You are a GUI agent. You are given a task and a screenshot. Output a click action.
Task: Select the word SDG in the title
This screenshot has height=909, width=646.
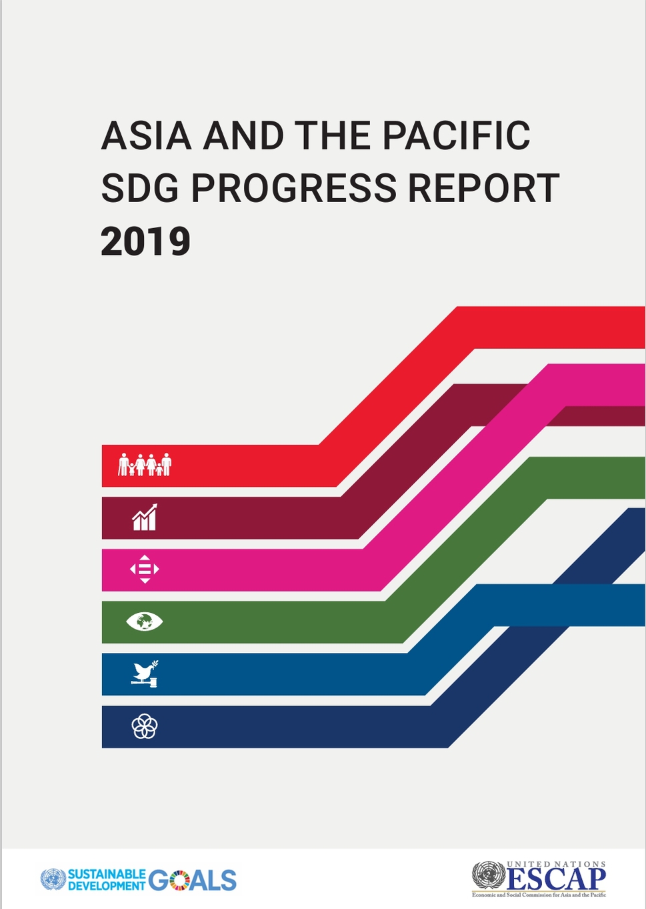(x=140, y=188)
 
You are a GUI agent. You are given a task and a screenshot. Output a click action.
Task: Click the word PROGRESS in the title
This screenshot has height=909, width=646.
(x=293, y=188)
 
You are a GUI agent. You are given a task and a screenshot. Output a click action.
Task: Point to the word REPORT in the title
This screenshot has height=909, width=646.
(x=483, y=188)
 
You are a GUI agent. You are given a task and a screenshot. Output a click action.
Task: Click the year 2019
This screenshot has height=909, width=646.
(x=145, y=241)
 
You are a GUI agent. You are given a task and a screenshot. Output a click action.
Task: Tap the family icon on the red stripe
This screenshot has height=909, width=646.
(x=145, y=464)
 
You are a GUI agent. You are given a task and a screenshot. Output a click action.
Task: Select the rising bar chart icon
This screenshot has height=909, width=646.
(x=145, y=517)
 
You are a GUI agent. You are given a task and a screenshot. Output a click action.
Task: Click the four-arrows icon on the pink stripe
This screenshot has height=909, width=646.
(x=145, y=569)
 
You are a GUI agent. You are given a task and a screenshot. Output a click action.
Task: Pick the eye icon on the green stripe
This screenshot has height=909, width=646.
(x=145, y=622)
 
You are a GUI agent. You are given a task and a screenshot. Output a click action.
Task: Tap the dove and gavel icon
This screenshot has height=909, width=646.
(x=145, y=674)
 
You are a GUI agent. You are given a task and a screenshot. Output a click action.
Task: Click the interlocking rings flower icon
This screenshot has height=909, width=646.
(x=145, y=726)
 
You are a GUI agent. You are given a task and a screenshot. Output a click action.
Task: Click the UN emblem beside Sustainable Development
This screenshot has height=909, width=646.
(x=53, y=879)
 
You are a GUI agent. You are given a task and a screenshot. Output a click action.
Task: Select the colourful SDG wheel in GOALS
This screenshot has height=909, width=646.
(x=179, y=880)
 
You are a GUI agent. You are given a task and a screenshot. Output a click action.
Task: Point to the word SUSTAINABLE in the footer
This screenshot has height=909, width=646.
(x=107, y=874)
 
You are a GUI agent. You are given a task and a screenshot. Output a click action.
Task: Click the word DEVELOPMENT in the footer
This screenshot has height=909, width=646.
(x=107, y=886)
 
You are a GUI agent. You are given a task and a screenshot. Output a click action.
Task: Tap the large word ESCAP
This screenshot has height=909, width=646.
(x=556, y=879)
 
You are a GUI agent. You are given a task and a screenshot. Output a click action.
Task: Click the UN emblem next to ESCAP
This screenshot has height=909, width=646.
(x=488, y=876)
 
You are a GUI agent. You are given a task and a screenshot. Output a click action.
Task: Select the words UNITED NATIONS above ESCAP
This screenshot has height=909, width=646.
(x=556, y=864)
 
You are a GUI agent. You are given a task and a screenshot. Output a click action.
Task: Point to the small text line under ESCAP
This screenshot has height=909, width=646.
(x=539, y=895)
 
